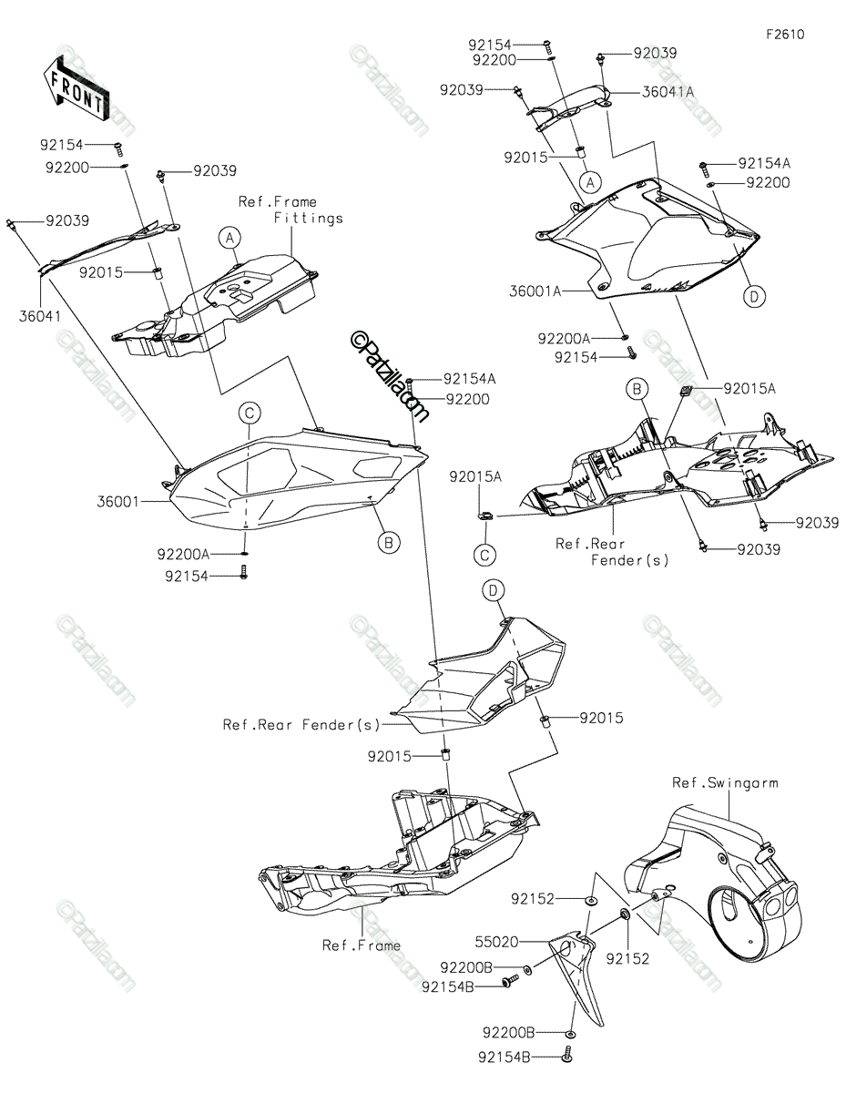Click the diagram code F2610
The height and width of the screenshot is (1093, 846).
tap(784, 35)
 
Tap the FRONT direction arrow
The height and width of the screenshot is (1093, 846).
tap(76, 88)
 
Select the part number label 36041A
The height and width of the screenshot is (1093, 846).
tap(668, 92)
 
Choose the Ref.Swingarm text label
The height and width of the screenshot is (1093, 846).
tap(725, 782)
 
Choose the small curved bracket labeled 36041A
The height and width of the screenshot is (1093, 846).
tap(570, 105)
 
